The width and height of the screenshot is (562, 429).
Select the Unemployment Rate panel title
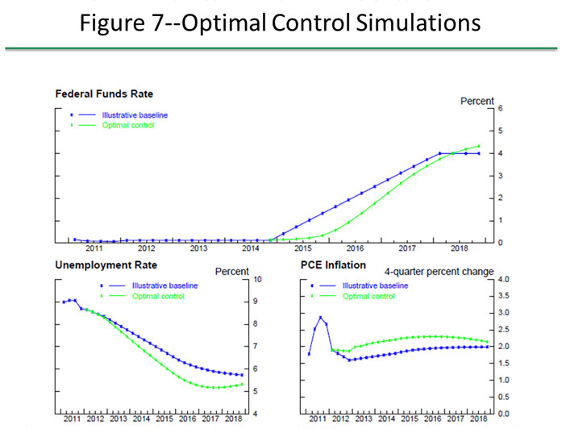[x=106, y=264]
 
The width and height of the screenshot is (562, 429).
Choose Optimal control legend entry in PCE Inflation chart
[x=368, y=296]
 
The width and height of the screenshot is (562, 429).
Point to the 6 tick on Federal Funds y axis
[x=501, y=108]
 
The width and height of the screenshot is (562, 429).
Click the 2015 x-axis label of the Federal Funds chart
[x=303, y=248]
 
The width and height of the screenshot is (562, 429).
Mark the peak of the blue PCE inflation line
[x=320, y=317]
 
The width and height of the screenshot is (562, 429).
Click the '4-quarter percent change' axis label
[x=439, y=272]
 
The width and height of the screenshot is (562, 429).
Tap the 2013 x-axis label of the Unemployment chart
[x=118, y=419]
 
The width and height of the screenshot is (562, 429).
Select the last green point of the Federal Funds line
[x=479, y=147]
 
